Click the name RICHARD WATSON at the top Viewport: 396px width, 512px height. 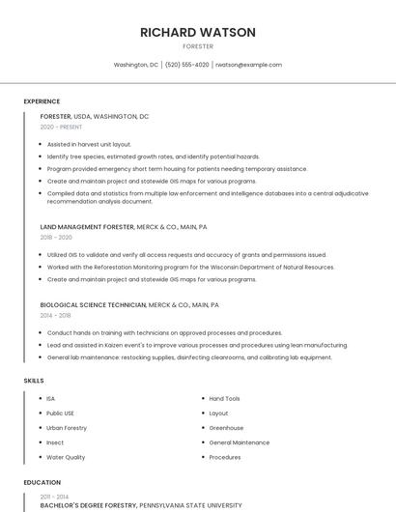tap(198, 32)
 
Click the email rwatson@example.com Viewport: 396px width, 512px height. tap(248, 65)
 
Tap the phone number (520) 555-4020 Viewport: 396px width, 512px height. tap(186, 65)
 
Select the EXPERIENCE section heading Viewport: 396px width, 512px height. tap(42, 101)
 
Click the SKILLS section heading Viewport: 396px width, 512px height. tap(34, 381)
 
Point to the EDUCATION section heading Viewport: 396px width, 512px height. tap(41, 482)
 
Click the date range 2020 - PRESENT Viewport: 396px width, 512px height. tap(61, 128)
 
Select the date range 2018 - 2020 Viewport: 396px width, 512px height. tap(56, 238)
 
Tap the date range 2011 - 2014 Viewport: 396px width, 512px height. tap(55, 496)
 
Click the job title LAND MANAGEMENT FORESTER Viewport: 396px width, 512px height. tap(87, 227)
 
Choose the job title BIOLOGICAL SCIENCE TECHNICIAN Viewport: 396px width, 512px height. tap(93, 304)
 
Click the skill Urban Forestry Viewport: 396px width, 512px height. tap(67, 427)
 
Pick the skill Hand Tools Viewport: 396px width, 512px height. tap(224, 398)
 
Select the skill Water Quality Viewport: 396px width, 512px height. tap(66, 457)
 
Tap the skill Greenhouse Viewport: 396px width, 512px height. tap(226, 427)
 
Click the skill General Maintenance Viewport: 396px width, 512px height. tap(239, 442)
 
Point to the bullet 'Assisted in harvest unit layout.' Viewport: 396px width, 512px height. tap(89, 144)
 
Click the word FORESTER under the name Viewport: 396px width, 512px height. tap(198, 46)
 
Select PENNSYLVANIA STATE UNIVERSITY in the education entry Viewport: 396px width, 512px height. tap(190, 505)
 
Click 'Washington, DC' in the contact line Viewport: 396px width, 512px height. tap(136, 65)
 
